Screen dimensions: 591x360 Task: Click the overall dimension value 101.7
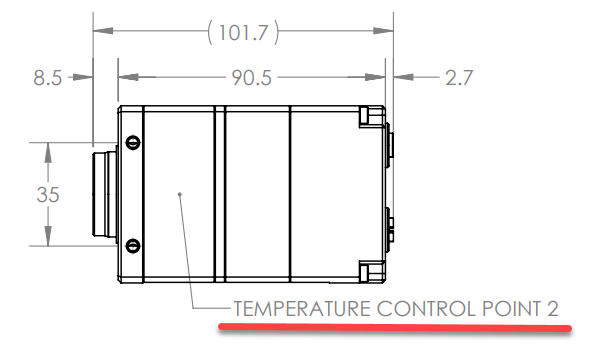[x=243, y=32]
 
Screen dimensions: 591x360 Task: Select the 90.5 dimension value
[x=251, y=78]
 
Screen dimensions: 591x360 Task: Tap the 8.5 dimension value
[x=47, y=78]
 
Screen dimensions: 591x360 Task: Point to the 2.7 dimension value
[x=459, y=78]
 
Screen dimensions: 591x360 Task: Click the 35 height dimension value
[x=48, y=195]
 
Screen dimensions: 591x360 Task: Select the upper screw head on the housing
[x=133, y=142]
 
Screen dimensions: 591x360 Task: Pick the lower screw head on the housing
[x=133, y=246]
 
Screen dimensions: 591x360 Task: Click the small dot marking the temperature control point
[x=180, y=195]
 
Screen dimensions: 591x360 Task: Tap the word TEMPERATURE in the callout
[x=302, y=309]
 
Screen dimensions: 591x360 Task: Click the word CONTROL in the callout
[x=426, y=309]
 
